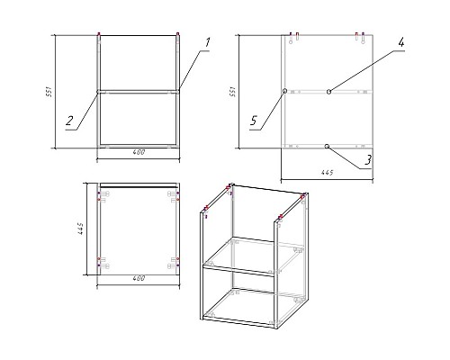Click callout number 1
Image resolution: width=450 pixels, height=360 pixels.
[x=207, y=42]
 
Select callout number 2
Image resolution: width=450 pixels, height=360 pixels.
[x=69, y=121]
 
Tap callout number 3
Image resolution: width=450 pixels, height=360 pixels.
[x=368, y=160]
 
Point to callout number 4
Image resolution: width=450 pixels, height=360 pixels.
[x=401, y=42]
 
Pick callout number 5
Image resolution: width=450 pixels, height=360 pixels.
[x=254, y=121]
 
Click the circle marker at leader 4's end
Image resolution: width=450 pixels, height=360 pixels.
[x=329, y=92]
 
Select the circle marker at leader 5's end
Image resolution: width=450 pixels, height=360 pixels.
[x=284, y=91]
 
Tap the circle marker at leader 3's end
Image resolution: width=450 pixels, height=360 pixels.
[x=327, y=146]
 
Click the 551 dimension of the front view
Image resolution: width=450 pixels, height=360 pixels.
[x=49, y=92]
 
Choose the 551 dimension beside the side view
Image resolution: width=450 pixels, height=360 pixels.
[x=232, y=92]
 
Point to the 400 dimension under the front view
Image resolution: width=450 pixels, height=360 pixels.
[x=139, y=152]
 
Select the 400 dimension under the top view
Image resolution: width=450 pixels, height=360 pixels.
[x=139, y=278]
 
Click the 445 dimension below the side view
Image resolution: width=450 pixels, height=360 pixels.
[x=327, y=173]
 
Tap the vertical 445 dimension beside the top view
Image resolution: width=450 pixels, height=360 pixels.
[x=80, y=229]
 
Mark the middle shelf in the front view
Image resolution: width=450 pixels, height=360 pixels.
[x=139, y=92]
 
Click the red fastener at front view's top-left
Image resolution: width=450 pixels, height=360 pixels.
[x=99, y=33]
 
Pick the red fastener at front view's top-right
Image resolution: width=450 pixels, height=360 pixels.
[x=177, y=33]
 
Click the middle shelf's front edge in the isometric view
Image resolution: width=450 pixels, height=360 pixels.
[x=238, y=270]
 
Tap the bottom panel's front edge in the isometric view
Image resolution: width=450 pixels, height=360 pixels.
[x=238, y=320]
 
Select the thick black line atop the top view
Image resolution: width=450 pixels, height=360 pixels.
[x=139, y=187]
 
